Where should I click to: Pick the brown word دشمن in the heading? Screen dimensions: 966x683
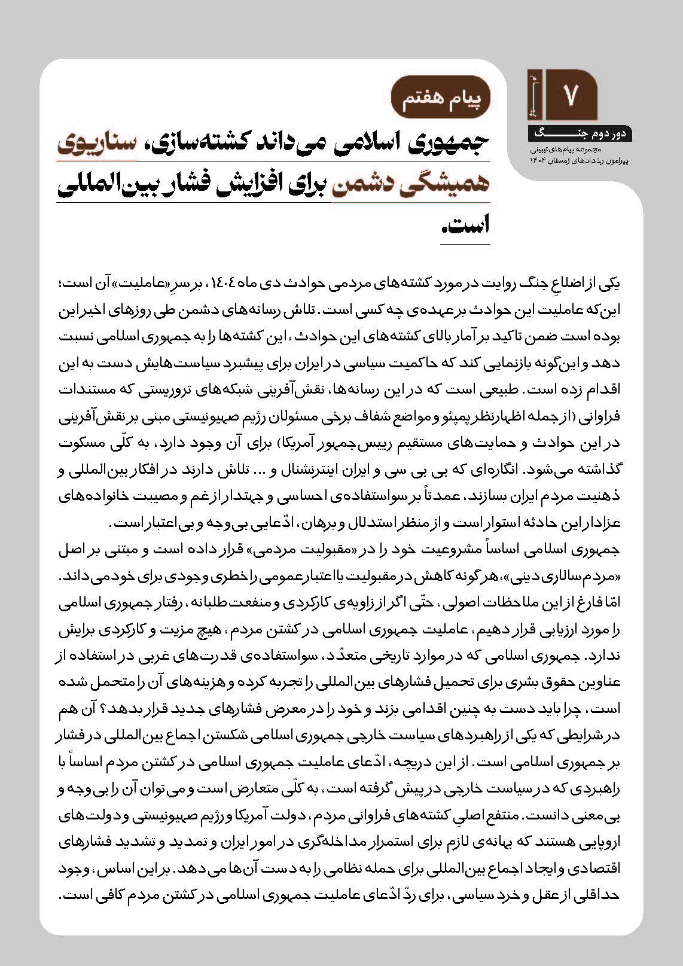coord(358,183)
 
